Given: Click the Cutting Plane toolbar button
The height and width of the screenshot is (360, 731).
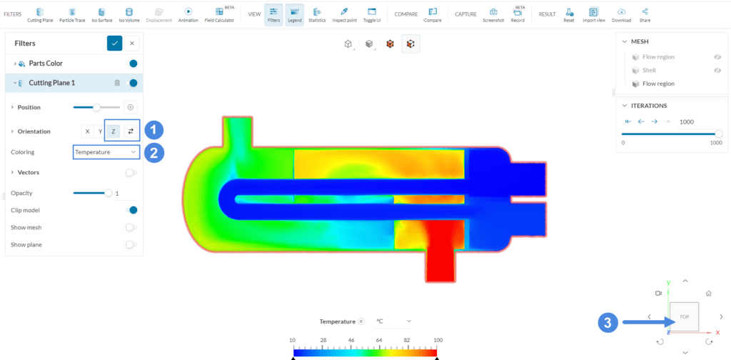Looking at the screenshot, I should coord(39,14).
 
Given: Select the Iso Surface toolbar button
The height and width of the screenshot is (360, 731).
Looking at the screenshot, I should coord(101,14).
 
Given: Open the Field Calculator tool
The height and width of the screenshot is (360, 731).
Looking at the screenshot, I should coord(219,14).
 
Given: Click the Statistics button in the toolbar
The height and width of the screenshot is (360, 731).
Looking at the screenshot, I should coord(317,14).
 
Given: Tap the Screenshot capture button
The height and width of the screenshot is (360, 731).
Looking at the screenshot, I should coord(493,14).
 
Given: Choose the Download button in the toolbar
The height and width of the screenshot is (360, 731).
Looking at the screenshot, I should coord(622,14).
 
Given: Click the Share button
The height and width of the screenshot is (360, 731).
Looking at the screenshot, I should coord(645,14).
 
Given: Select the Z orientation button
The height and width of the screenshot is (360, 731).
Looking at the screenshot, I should coord(113,131).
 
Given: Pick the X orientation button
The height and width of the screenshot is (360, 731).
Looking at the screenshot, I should coord(87,131).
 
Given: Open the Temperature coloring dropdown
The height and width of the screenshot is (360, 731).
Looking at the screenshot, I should coord(106,152).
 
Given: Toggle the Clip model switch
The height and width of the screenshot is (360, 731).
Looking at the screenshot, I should coord(131,210).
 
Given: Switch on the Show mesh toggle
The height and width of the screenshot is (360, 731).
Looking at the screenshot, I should coord(131,227).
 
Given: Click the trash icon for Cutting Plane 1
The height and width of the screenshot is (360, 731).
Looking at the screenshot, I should coord(117,83).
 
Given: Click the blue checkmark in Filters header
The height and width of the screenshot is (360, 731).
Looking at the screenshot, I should coord(114,44).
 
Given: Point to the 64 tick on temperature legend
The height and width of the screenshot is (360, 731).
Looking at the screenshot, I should coord(378,340).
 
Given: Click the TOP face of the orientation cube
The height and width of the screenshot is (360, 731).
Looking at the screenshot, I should coord(684,316).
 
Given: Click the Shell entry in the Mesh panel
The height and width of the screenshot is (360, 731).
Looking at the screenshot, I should coord(649,70).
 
